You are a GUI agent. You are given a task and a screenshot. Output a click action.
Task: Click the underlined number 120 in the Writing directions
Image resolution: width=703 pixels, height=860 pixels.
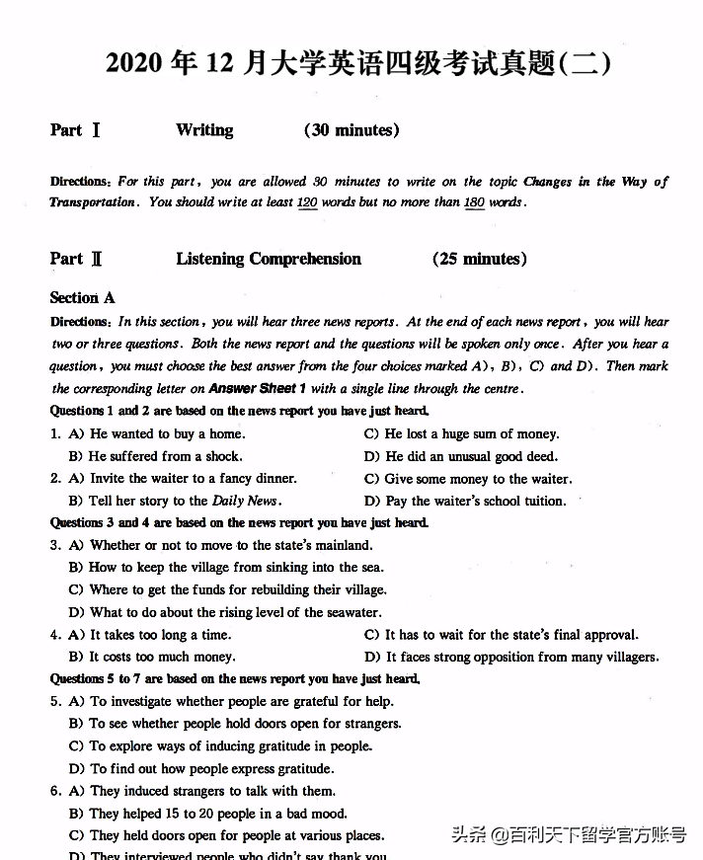pos(307,202)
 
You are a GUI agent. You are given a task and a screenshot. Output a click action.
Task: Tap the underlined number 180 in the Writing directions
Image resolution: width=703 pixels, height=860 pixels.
pos(474,202)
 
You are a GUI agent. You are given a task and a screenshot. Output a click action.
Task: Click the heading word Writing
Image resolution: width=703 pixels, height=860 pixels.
pos(204,130)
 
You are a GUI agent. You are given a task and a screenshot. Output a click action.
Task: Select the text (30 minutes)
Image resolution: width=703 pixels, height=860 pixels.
pos(351,130)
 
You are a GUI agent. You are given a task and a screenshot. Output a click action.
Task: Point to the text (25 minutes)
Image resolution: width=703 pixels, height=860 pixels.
pos(480,260)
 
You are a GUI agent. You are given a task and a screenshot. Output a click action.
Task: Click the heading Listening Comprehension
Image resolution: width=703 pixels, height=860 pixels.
pos(269,260)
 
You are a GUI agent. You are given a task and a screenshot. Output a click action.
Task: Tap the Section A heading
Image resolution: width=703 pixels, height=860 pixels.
pos(83,297)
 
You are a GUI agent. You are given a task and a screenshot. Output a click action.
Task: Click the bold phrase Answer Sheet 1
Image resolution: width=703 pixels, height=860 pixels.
pos(258,389)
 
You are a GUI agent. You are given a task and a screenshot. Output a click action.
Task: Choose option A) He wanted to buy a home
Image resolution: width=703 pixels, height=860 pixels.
pos(157,433)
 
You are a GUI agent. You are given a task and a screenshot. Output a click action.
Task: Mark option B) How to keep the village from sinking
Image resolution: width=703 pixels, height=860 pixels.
pos(226,568)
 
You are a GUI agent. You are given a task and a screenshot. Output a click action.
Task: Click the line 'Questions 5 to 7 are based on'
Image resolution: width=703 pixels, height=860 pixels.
pos(235,679)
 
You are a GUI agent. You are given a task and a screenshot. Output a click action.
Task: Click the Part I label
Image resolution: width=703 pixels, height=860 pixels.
pos(75,130)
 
